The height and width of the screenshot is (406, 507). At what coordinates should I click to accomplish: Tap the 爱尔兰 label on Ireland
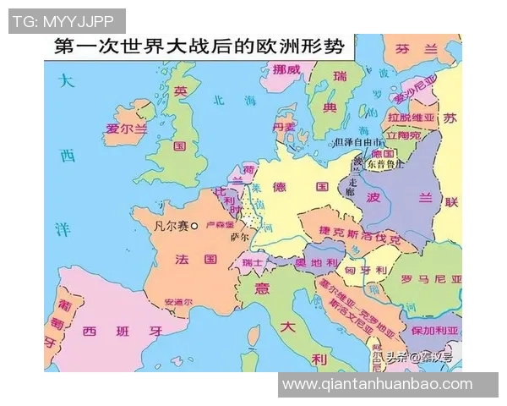tap(126, 129)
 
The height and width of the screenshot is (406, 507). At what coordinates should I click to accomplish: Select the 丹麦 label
tap(286, 127)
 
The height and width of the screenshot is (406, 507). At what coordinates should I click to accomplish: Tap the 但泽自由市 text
tap(356, 142)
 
